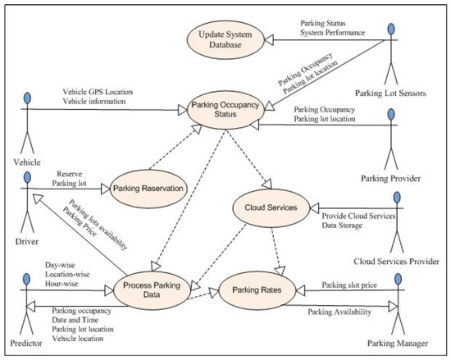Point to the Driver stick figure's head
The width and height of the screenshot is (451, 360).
28,167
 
